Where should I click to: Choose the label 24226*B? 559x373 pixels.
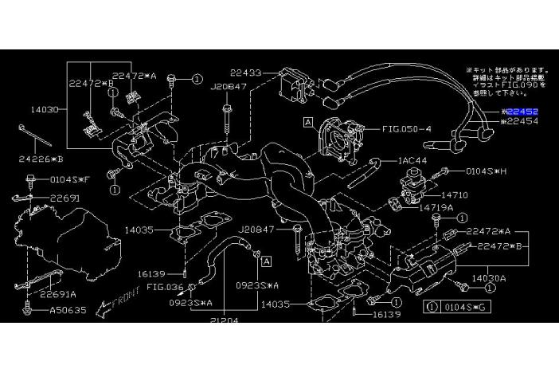(41, 158)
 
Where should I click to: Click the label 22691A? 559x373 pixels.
(60, 293)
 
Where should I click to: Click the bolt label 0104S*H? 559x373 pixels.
(487, 171)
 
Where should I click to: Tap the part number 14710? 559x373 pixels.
(456, 194)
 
